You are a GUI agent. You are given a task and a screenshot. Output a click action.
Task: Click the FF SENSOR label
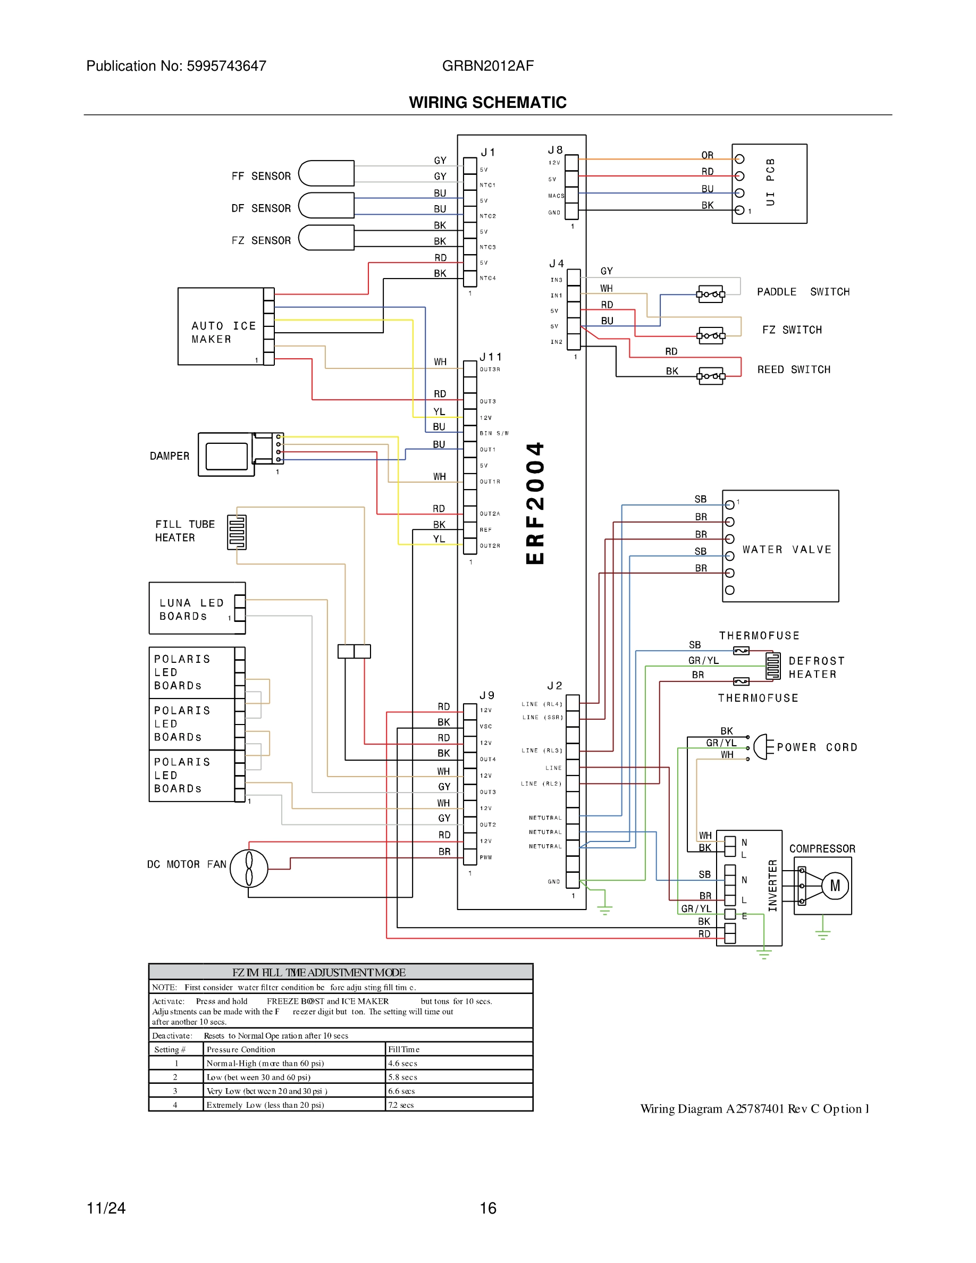click(x=261, y=176)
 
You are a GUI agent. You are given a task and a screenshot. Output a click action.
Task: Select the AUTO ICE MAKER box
click(x=223, y=327)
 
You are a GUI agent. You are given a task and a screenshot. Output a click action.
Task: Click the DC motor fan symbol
click(x=249, y=868)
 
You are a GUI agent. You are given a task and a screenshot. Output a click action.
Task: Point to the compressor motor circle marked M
click(x=835, y=886)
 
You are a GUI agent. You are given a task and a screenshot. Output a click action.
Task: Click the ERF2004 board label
click(x=535, y=503)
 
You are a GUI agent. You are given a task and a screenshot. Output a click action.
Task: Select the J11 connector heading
click(x=490, y=357)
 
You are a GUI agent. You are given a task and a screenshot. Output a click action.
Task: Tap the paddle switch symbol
click(x=711, y=294)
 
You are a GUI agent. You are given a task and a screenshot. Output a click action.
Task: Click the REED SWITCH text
click(x=793, y=369)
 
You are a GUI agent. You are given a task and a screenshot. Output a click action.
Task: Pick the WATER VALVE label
click(x=786, y=550)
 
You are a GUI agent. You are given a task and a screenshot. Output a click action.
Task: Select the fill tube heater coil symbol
click(x=237, y=532)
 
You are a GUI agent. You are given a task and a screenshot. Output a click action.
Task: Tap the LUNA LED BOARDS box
click(x=197, y=608)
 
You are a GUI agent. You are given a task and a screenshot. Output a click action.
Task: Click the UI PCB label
click(x=770, y=182)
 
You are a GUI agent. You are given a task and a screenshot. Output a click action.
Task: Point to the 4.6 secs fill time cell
click(x=402, y=1063)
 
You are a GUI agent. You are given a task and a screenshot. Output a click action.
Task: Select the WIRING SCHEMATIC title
click(x=487, y=103)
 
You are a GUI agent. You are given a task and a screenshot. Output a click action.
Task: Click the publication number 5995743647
click(x=226, y=66)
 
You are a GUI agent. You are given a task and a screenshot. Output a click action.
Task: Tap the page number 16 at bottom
click(x=488, y=1208)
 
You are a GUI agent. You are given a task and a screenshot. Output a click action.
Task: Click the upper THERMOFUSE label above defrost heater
click(x=759, y=636)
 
